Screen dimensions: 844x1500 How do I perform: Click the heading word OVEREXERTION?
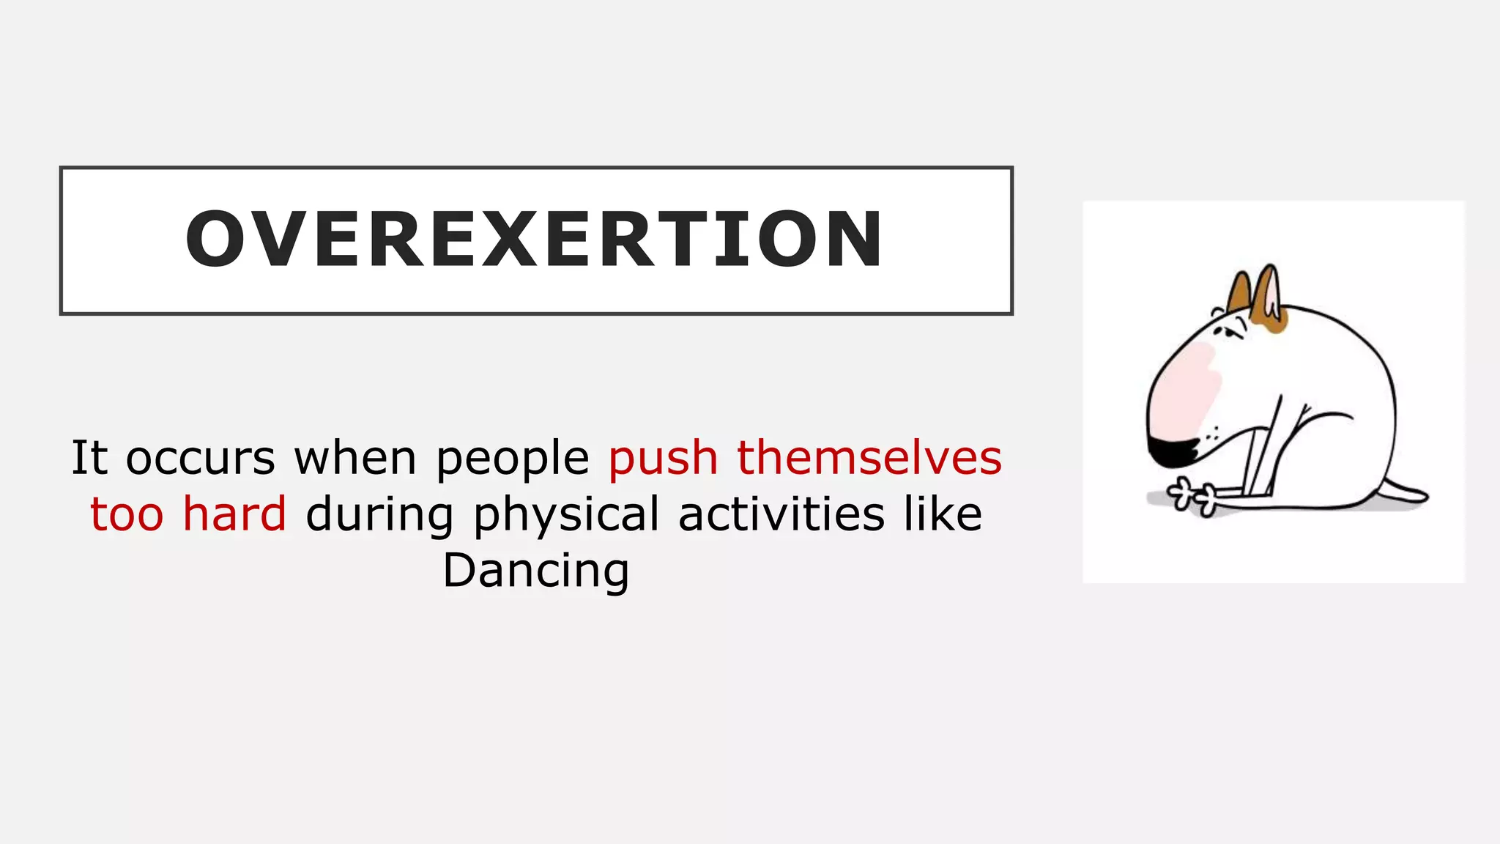click(x=535, y=240)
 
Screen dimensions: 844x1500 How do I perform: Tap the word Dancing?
click(x=536, y=570)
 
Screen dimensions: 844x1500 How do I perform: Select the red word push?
click(x=663, y=459)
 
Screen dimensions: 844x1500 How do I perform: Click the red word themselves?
click(x=869, y=458)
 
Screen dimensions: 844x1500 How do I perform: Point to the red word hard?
click(x=234, y=514)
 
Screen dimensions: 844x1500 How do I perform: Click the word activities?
click(x=781, y=514)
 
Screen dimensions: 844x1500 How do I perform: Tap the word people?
click(x=513, y=459)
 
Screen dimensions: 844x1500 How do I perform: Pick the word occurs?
click(x=201, y=459)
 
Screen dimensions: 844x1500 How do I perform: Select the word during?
click(x=379, y=515)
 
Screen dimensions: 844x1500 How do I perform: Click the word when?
click(x=355, y=458)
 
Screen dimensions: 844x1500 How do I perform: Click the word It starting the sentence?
click(x=89, y=458)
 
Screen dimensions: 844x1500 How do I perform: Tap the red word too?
click(x=127, y=514)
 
